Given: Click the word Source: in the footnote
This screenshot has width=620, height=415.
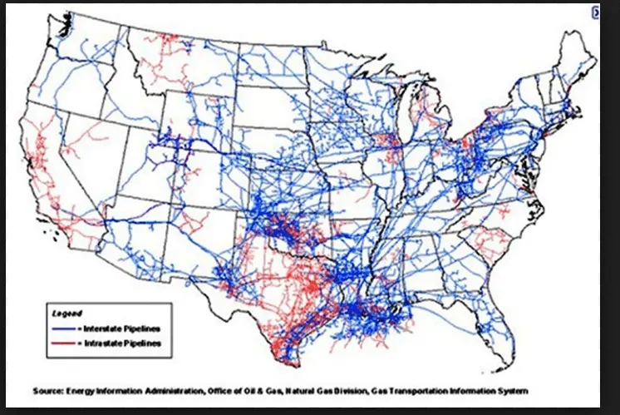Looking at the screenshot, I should coord(51,390).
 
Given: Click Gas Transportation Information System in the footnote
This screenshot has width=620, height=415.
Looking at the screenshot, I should coord(465,390).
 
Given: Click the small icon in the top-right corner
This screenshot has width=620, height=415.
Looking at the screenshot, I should coord(595,12).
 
